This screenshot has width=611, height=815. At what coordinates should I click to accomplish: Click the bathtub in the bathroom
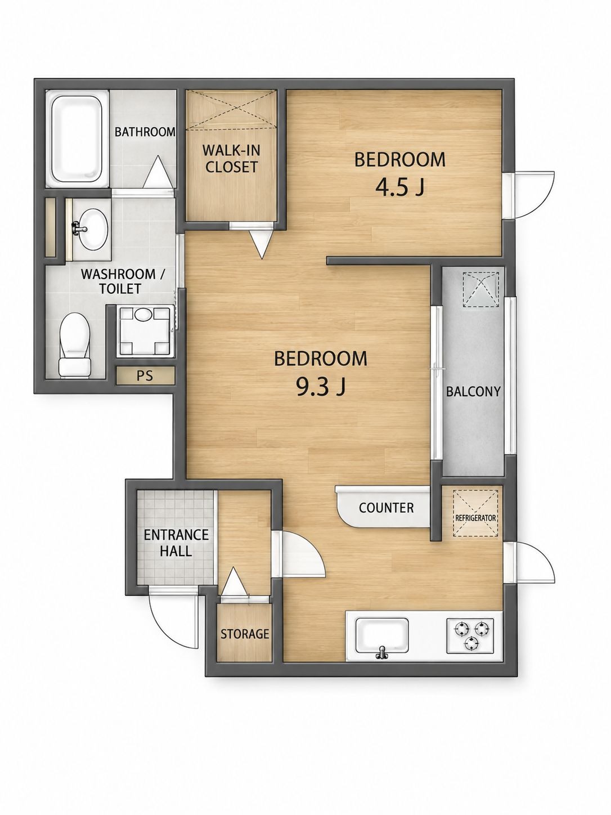tap(77, 138)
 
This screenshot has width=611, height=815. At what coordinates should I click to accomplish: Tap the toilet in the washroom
tap(75, 344)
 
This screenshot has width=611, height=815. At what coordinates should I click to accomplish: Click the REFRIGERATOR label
tap(475, 518)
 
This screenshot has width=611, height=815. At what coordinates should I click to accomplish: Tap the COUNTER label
tap(386, 508)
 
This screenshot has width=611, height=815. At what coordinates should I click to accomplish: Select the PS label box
tap(145, 376)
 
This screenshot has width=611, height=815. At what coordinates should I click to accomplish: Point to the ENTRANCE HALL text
tap(176, 543)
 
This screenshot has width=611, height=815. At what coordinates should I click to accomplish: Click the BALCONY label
tap(473, 391)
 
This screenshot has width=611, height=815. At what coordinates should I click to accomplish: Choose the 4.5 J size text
tap(399, 187)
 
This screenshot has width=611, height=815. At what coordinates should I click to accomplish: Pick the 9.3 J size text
tap(321, 387)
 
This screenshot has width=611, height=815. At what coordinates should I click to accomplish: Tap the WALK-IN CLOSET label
tap(231, 159)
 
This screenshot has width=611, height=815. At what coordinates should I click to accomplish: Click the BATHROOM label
tap(145, 132)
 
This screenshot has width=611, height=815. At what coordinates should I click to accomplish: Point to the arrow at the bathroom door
tap(158, 172)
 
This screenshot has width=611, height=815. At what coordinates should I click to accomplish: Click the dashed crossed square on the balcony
tap(480, 290)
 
